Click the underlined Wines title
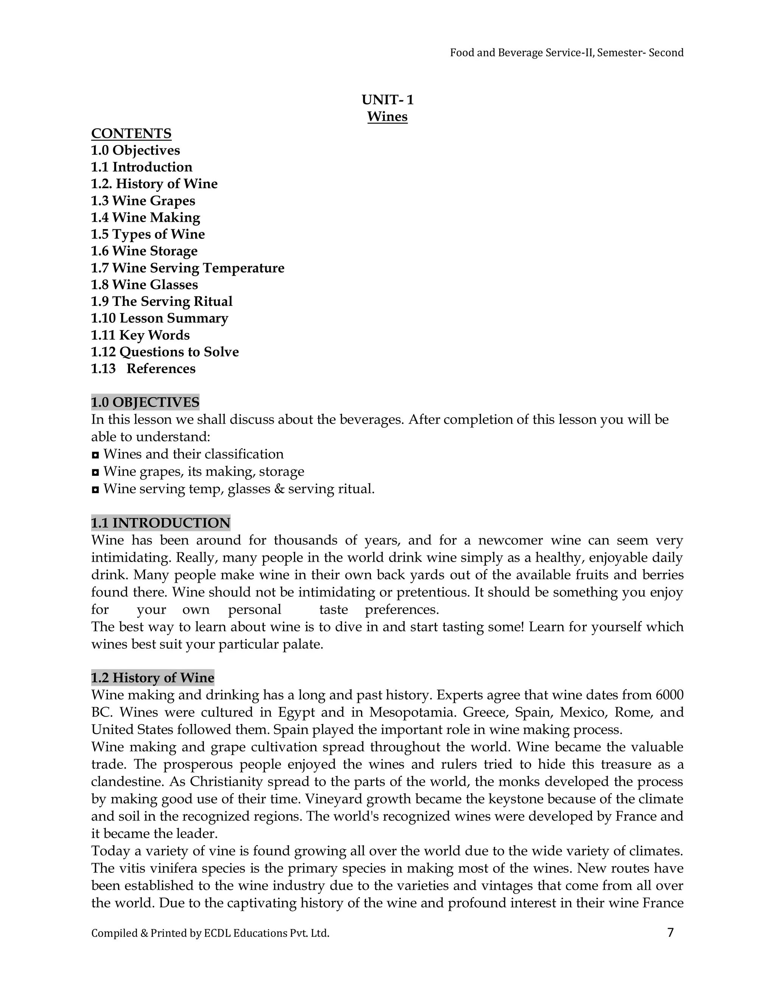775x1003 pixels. click(387, 117)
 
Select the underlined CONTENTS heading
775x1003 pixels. click(131, 134)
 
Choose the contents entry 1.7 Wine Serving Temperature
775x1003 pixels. click(187, 268)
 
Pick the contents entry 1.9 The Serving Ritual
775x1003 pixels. click(162, 301)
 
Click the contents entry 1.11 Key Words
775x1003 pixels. click(140, 335)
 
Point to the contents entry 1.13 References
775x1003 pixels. click(143, 368)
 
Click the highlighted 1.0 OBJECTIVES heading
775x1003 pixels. click(145, 402)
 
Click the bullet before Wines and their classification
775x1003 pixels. click(95, 455)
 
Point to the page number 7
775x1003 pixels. click(670, 932)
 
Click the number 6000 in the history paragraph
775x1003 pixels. click(669, 695)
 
